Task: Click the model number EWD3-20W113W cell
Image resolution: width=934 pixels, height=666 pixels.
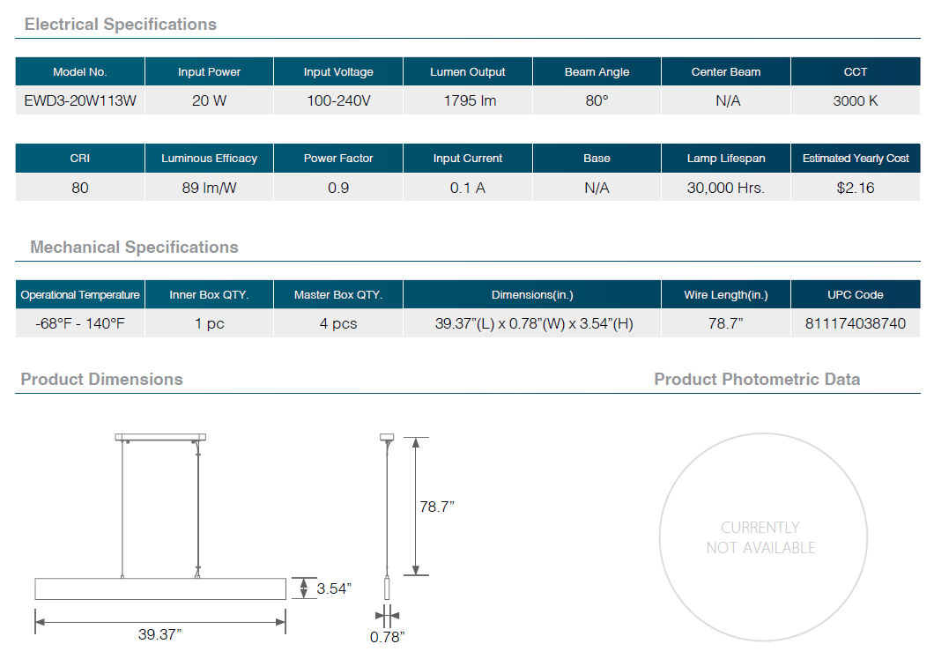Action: (x=80, y=100)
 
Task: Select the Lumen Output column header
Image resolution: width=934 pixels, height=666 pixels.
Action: (x=468, y=72)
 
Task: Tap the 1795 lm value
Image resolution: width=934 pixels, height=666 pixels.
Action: (x=470, y=100)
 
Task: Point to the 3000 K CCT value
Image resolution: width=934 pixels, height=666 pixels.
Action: (x=856, y=100)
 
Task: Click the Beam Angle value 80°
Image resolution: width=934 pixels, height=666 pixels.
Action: (x=597, y=100)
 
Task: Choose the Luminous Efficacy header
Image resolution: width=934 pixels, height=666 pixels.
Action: (x=209, y=159)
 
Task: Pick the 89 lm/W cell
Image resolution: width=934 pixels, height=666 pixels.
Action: (x=209, y=189)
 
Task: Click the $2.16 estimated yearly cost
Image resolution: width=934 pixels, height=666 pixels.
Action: (x=856, y=189)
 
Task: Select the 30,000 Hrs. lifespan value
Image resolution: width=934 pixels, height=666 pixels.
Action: (x=725, y=189)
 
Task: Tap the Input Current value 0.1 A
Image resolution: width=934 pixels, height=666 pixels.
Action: (x=468, y=189)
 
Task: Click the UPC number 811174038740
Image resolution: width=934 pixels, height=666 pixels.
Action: (x=856, y=323)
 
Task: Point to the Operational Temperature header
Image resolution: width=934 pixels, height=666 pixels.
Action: (x=80, y=295)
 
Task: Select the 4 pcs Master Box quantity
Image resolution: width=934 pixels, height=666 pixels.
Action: (x=338, y=323)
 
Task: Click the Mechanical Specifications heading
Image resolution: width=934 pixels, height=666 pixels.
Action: (x=134, y=248)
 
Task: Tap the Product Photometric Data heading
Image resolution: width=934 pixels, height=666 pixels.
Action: (x=757, y=380)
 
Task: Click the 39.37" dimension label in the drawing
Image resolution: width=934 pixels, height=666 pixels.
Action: (x=159, y=634)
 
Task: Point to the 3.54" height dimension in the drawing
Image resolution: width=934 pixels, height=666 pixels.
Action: (x=334, y=588)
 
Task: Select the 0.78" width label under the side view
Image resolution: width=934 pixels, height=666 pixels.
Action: (x=387, y=637)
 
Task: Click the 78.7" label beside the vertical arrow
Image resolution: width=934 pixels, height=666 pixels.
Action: (x=437, y=507)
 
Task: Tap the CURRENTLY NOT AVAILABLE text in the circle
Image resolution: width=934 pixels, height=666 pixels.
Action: (x=760, y=537)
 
